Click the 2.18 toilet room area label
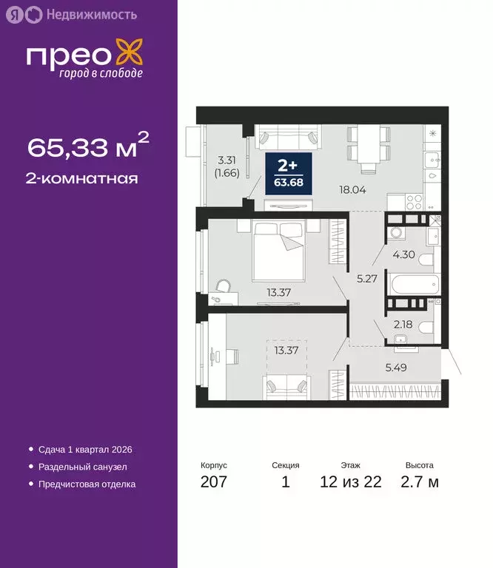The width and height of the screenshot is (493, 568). (x=403, y=324)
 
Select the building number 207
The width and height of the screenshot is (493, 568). (x=213, y=483)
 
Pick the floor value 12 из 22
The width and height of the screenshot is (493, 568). (x=351, y=483)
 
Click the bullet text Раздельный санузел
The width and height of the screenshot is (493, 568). (x=82, y=467)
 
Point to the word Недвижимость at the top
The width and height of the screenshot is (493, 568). (x=91, y=14)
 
